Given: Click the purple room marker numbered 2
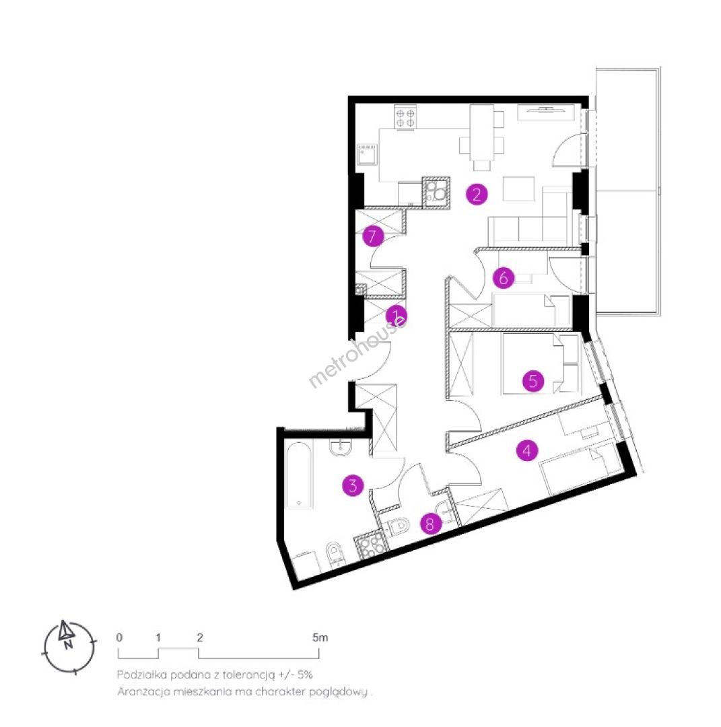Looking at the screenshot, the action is (477, 195).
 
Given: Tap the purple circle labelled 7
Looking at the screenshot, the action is (373, 236).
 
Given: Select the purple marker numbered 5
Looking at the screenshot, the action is (533, 381).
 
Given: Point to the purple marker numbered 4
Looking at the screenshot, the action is (527, 450).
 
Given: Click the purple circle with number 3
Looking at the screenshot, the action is (353, 485).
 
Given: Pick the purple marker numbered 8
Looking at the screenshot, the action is (431, 524).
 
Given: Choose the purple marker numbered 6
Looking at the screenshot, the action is (504, 278).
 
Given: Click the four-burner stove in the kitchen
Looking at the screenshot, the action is (405, 116).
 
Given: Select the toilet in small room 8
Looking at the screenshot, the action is (399, 526).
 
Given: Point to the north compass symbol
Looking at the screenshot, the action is (69, 646).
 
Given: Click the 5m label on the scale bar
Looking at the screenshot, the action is (320, 637).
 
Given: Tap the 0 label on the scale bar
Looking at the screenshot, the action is (119, 637).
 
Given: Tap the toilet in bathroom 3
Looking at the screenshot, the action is (334, 555).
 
